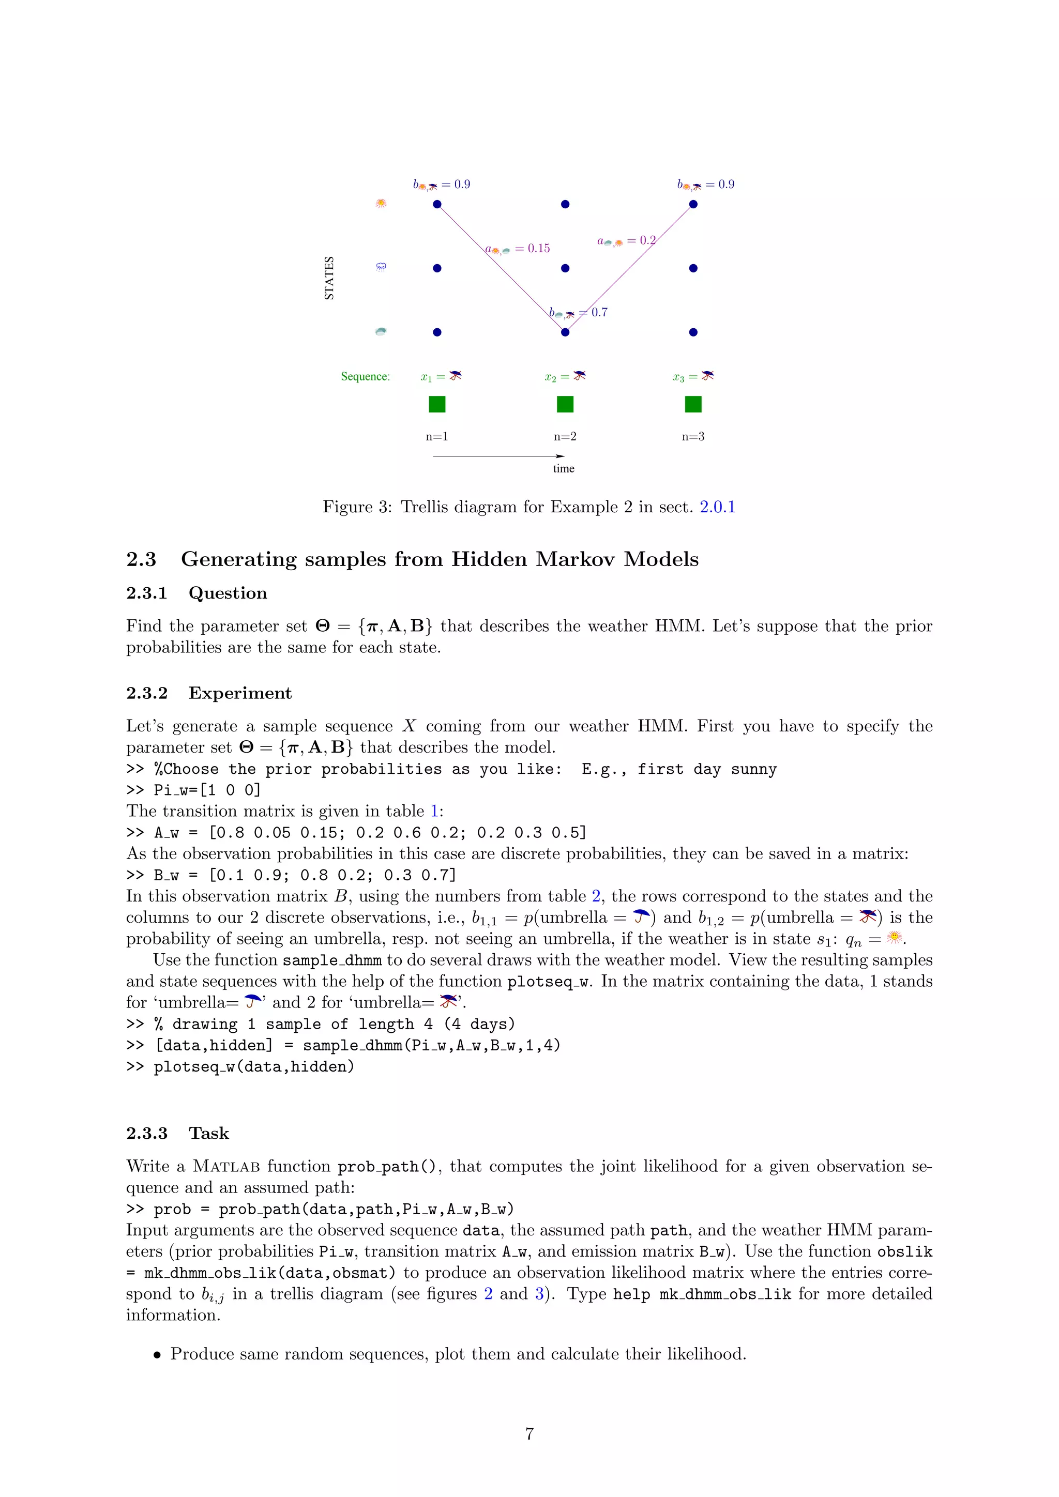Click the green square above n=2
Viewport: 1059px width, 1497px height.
[x=565, y=404]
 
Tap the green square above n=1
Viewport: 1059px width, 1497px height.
[x=437, y=404]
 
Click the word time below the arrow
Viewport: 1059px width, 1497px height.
[x=564, y=468]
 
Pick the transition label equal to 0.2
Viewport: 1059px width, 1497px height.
[x=627, y=240]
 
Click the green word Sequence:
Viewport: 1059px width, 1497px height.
[x=365, y=376]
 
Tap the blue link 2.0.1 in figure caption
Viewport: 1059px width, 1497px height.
[x=717, y=507]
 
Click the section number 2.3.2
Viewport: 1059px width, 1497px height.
[x=147, y=693]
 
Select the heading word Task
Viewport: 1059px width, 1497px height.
[x=209, y=1133]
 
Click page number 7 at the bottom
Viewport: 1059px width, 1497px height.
[x=529, y=1434]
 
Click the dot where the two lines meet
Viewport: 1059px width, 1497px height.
[x=565, y=332]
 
